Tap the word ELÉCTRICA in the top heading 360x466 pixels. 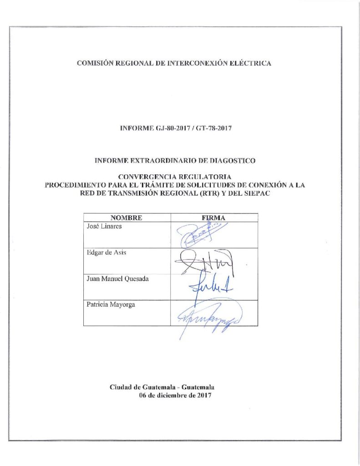tap(252, 63)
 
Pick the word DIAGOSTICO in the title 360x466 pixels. tap(232, 161)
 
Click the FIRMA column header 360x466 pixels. tap(213, 218)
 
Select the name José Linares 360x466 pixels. tap(103, 226)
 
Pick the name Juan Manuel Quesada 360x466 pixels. tap(117, 279)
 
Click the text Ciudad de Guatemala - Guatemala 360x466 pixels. tap(162, 387)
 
